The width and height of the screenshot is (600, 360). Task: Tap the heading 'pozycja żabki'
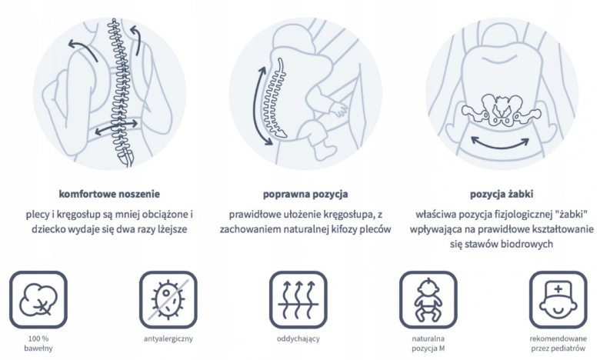pyautogui.click(x=501, y=194)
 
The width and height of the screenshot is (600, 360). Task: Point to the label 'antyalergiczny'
pyautogui.click(x=168, y=338)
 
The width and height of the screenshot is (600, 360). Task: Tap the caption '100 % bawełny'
pyautogui.click(x=38, y=344)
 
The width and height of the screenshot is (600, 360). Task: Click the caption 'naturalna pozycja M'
pyautogui.click(x=428, y=344)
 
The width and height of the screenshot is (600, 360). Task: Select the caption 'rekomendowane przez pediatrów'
pyautogui.click(x=558, y=344)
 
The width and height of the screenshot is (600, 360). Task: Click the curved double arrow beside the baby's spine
pyautogui.click(x=262, y=104)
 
